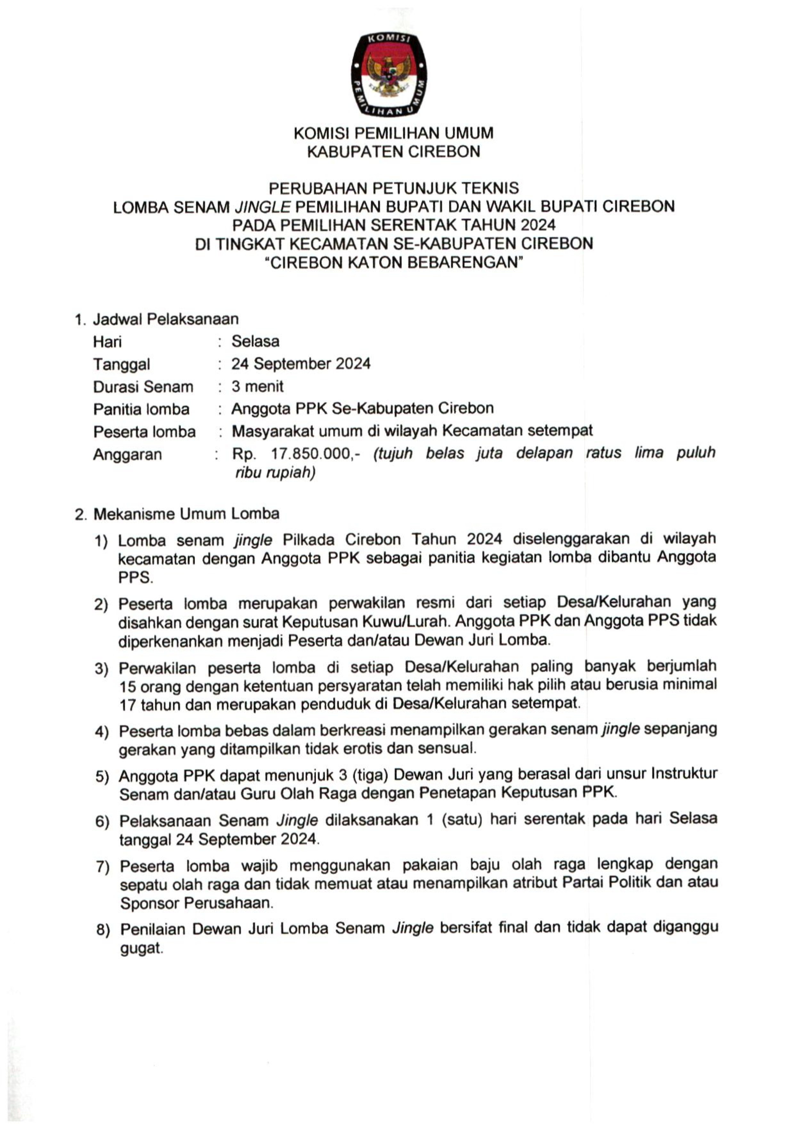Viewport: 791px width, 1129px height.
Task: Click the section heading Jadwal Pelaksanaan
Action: (x=166, y=319)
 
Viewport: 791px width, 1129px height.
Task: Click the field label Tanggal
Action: (x=121, y=364)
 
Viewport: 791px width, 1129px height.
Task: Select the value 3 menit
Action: (x=257, y=387)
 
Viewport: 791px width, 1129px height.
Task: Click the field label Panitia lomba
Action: (x=141, y=409)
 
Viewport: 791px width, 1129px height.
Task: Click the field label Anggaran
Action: (x=127, y=454)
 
